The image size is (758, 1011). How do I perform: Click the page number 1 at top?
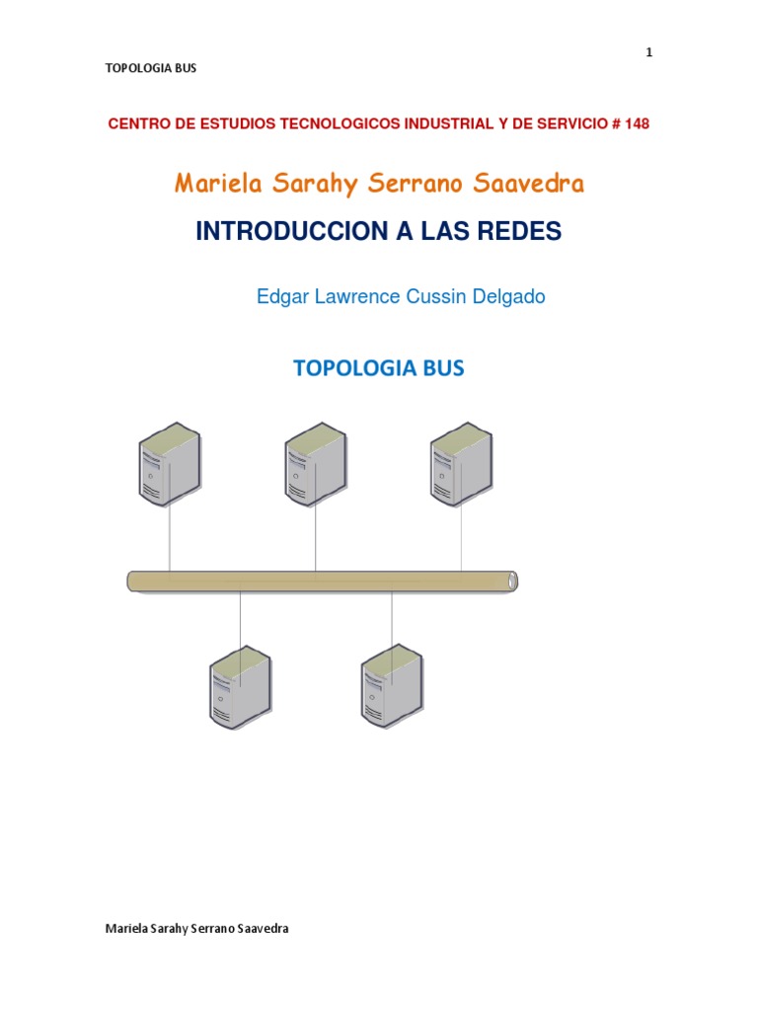click(x=648, y=53)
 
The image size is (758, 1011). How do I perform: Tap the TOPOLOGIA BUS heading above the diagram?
click(x=379, y=368)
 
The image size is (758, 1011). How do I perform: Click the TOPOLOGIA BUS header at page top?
click(x=151, y=68)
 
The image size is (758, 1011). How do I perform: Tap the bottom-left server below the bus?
click(x=240, y=685)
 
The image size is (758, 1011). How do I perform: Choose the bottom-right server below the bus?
click(x=392, y=685)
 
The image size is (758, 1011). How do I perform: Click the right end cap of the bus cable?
click(x=511, y=581)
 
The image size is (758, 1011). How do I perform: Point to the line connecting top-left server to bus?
click(x=170, y=538)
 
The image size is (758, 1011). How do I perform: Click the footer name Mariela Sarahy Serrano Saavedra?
click(x=196, y=929)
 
